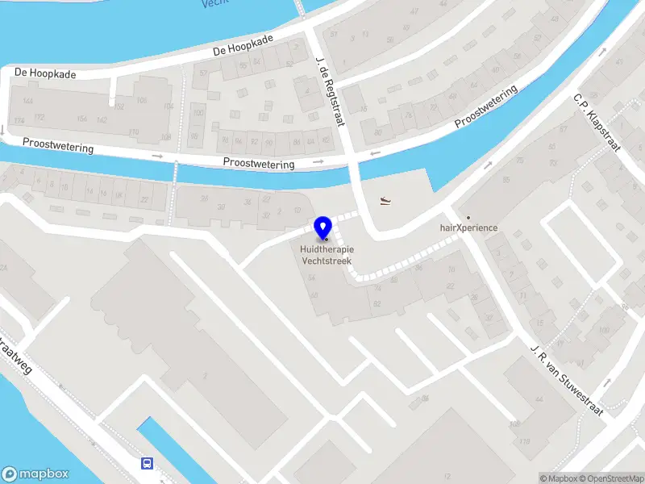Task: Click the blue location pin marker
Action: pyautogui.click(x=323, y=227)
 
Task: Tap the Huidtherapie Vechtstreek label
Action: pyautogui.click(x=327, y=255)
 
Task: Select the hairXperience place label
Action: pyautogui.click(x=468, y=227)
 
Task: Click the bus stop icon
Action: pyautogui.click(x=148, y=463)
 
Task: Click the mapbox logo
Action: pyautogui.click(x=35, y=474)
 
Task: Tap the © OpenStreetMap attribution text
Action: pyautogui.click(x=612, y=478)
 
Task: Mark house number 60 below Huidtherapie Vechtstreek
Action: pyautogui.click(x=314, y=295)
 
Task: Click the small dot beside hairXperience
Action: pyautogui.click(x=468, y=217)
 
